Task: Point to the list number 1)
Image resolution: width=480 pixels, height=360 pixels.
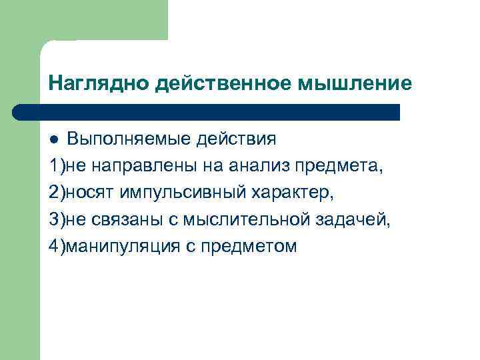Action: tap(56, 167)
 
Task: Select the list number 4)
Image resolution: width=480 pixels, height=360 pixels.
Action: tap(56, 247)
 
